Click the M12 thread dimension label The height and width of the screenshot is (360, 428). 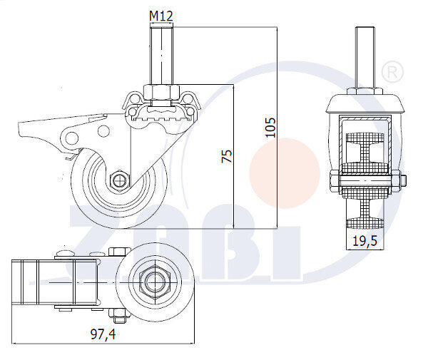(x=161, y=16)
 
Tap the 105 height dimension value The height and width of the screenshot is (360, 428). (x=270, y=128)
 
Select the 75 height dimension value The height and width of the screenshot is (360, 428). (x=227, y=156)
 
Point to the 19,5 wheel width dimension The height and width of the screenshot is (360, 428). (x=365, y=241)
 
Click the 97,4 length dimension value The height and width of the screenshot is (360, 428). (x=103, y=334)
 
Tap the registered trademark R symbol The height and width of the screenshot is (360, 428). (x=393, y=71)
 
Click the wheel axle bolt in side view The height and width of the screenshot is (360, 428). (x=119, y=180)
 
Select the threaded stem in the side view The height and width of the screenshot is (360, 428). (x=161, y=56)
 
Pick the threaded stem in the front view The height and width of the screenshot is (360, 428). (x=365, y=57)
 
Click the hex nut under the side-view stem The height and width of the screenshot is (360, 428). (x=161, y=92)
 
